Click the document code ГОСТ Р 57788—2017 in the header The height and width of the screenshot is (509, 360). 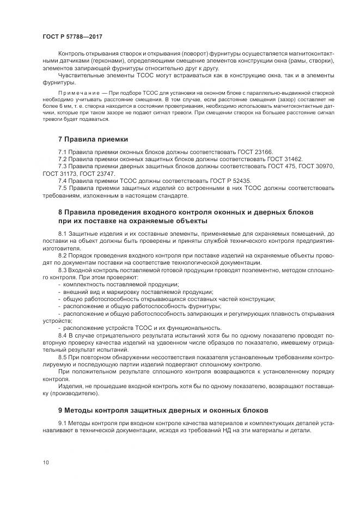(72, 36)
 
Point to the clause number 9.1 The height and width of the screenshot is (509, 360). (63, 422)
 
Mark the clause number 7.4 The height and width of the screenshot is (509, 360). (63, 180)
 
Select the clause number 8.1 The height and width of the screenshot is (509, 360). (63, 234)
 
